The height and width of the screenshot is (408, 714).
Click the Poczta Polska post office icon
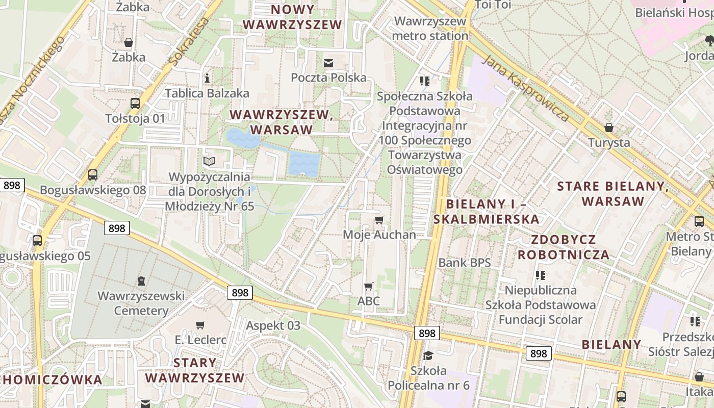(x=328, y=63)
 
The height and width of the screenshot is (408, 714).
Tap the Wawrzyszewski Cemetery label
(x=141, y=303)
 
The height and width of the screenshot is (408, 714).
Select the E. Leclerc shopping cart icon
(x=200, y=325)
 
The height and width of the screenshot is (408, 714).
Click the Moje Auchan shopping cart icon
(x=379, y=220)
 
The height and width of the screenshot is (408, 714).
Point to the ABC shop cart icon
(x=368, y=286)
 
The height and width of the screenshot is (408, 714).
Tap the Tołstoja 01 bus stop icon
(x=135, y=103)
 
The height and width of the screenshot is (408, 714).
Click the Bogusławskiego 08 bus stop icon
(x=93, y=175)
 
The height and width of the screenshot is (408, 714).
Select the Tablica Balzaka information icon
(x=207, y=78)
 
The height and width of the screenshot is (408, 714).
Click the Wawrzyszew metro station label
(x=430, y=29)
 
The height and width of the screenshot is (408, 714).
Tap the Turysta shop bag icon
(x=608, y=127)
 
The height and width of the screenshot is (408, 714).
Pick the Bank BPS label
(x=465, y=263)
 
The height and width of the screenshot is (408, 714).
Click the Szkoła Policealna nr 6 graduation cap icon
(x=428, y=355)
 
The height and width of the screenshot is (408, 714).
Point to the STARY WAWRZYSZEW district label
(x=195, y=370)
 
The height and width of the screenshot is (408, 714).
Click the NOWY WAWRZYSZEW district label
(x=292, y=17)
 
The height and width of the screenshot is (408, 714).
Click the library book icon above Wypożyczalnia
(x=209, y=162)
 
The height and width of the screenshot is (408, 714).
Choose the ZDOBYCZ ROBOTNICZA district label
(x=564, y=247)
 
